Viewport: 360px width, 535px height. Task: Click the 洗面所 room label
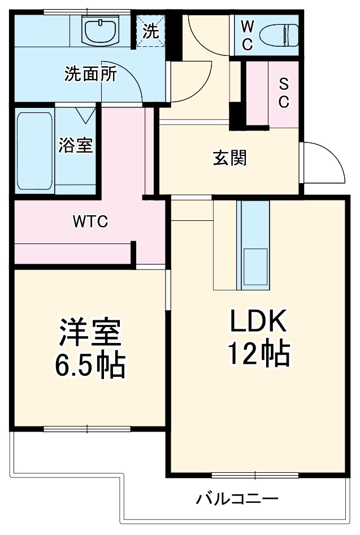click(x=90, y=74)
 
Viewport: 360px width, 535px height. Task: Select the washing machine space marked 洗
click(x=150, y=31)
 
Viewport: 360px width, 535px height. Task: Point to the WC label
click(x=247, y=35)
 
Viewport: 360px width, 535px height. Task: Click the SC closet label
click(x=283, y=93)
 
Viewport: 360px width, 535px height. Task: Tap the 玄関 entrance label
click(x=229, y=159)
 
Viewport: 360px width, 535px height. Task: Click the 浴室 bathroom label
click(x=76, y=145)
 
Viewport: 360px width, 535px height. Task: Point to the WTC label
click(x=90, y=221)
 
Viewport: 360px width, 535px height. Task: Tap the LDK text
click(x=259, y=322)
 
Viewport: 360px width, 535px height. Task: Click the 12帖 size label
click(x=259, y=354)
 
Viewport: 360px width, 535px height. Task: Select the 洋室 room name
click(x=89, y=333)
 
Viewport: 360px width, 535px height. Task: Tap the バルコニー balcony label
click(x=237, y=499)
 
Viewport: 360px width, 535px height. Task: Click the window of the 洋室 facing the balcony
click(x=88, y=428)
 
